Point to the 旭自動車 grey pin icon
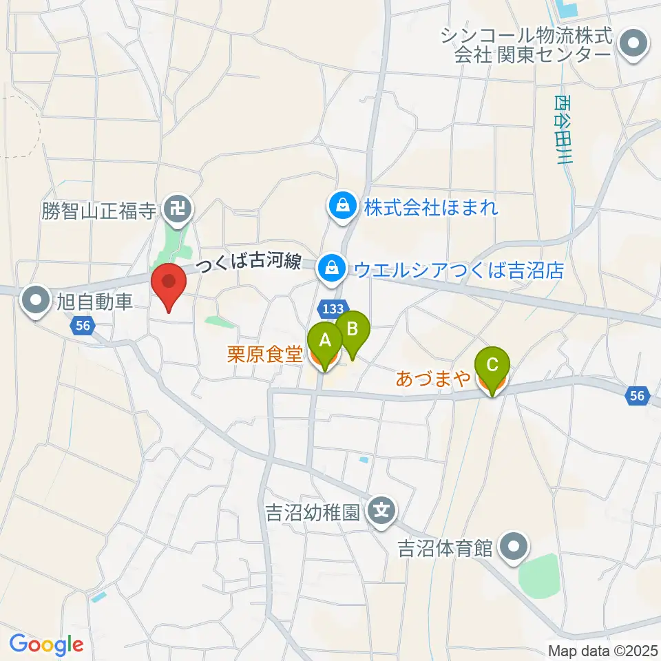click(x=34, y=300)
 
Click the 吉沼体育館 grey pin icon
click(x=513, y=548)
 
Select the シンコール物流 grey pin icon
click(x=630, y=43)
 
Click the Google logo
click(x=46, y=644)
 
